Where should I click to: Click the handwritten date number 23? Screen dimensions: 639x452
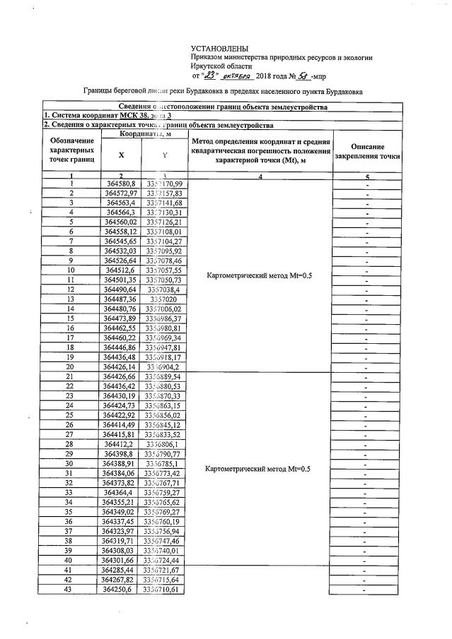pos(210,76)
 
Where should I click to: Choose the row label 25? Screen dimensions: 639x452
pos(71,415)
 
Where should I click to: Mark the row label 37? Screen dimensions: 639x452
pos(71,531)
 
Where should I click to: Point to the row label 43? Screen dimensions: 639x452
pos(71,590)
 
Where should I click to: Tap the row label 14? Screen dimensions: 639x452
pos(71,309)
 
